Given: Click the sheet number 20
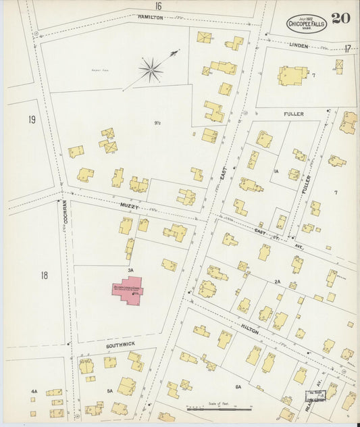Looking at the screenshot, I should point(340,19).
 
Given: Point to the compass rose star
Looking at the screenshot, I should point(151,68).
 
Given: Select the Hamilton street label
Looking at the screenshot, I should point(150,17).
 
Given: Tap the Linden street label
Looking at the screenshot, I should point(299,46).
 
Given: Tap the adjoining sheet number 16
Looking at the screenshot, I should point(158,6).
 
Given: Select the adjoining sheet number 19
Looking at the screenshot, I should point(32,120).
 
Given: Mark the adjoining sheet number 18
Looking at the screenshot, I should point(44,275).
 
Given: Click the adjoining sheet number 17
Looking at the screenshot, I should point(347,49).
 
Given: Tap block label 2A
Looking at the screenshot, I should point(278,281).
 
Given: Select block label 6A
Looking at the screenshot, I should point(238,386).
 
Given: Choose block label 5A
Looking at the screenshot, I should point(109,391).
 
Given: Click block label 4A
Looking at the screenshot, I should point(34,391).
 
